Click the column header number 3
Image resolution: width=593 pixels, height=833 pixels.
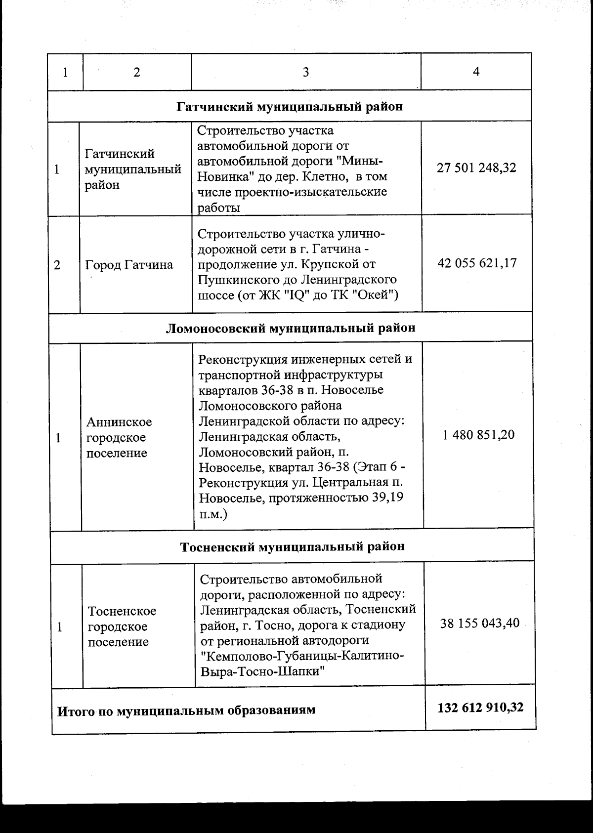tap(306, 72)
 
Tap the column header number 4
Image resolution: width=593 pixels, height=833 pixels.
tap(476, 72)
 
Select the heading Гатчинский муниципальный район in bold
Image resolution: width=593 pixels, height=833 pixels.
tap(290, 106)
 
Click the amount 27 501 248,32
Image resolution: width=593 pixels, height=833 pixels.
tap(476, 167)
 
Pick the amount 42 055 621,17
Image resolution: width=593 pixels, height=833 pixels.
tap(477, 263)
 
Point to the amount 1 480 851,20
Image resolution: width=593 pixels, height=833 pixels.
tap(478, 435)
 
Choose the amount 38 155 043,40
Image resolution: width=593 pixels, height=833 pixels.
tap(479, 623)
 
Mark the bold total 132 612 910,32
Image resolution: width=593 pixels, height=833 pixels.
tap(480, 707)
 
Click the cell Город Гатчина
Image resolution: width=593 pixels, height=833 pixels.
tap(129, 265)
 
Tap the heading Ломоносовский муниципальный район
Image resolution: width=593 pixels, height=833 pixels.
tap(290, 328)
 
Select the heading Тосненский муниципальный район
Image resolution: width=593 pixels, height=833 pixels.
tap(292, 546)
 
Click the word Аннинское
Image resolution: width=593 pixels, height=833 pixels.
tap(119, 422)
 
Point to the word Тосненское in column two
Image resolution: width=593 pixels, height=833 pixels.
tap(122, 611)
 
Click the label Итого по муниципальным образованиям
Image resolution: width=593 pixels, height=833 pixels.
tap(186, 710)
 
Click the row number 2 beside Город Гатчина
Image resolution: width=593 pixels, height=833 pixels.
tap(57, 265)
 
